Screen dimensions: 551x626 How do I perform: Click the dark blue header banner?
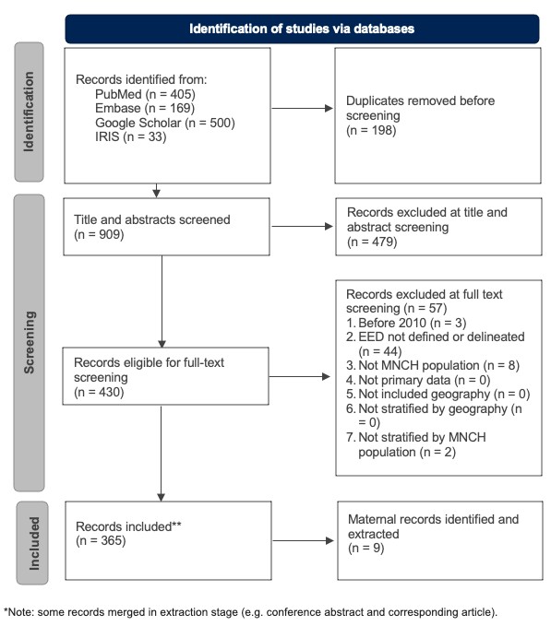pos(301,29)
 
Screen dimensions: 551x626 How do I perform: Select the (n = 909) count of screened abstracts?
pos(99,235)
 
